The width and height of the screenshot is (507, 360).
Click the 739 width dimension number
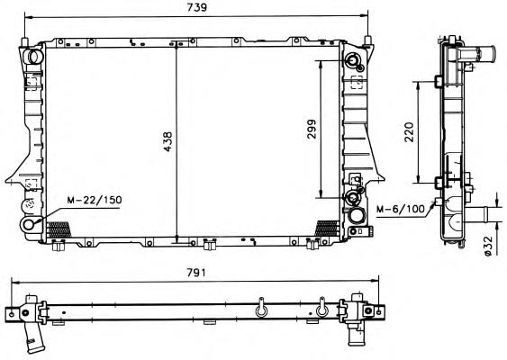(x=196, y=7)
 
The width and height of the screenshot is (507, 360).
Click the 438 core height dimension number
(x=167, y=141)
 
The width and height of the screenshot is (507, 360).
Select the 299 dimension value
(x=312, y=130)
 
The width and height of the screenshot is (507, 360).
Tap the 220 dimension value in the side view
(x=409, y=132)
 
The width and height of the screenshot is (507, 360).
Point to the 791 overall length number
(x=196, y=273)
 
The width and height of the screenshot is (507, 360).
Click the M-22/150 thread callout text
(x=95, y=200)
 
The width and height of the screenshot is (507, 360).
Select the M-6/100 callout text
(x=401, y=210)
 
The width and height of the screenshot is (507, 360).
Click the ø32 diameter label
(x=488, y=246)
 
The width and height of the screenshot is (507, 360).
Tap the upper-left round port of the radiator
(x=34, y=57)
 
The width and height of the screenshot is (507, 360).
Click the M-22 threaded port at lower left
(x=29, y=224)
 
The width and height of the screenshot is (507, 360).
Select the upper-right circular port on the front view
(x=352, y=60)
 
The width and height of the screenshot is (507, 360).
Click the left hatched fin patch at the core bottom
(x=59, y=229)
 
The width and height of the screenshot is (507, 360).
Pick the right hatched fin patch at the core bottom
(x=327, y=229)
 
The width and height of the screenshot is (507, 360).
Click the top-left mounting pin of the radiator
(x=24, y=42)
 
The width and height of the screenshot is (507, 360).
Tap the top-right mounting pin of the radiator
(x=367, y=41)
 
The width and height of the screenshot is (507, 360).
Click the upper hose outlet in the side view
(x=478, y=52)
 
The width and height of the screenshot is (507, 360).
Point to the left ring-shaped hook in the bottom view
(x=261, y=308)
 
